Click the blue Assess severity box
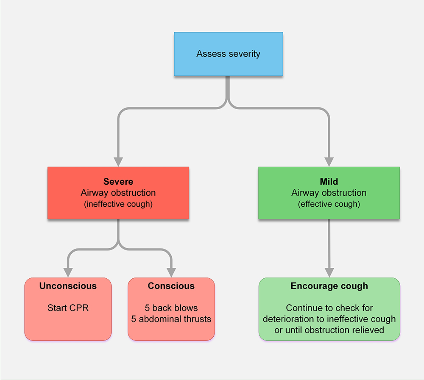point(228,54)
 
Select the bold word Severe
point(118,182)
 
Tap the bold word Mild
point(329,182)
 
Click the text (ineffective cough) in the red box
point(118,204)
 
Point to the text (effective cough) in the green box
point(329,204)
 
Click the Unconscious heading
point(68,286)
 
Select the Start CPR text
point(68,308)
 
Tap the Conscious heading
point(171,286)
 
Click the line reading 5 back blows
point(171,308)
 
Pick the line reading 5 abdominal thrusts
point(171,319)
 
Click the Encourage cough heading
point(329,286)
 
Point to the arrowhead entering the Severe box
point(118,162)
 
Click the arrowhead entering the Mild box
point(329,162)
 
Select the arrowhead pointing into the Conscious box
point(171,272)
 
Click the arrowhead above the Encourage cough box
point(329,272)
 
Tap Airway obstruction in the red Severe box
point(118,193)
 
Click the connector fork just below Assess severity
point(228,102)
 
